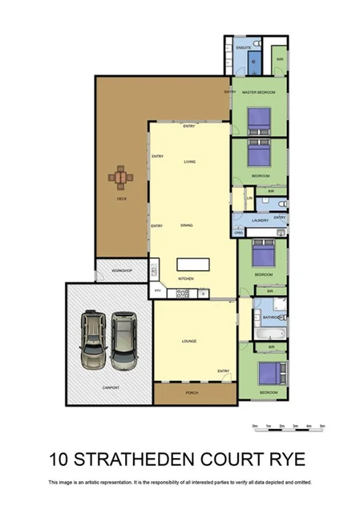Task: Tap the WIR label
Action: click(281, 59)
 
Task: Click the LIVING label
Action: click(189, 161)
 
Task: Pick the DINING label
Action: click(187, 225)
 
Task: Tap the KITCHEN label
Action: click(187, 278)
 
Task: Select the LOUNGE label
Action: click(189, 342)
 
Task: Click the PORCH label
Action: click(191, 392)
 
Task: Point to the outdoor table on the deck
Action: click(120, 176)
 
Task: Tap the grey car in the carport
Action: click(124, 341)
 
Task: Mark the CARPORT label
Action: click(111, 387)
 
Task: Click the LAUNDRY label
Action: click(259, 220)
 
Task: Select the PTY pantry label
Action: click(158, 289)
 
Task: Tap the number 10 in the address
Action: click(59, 459)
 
